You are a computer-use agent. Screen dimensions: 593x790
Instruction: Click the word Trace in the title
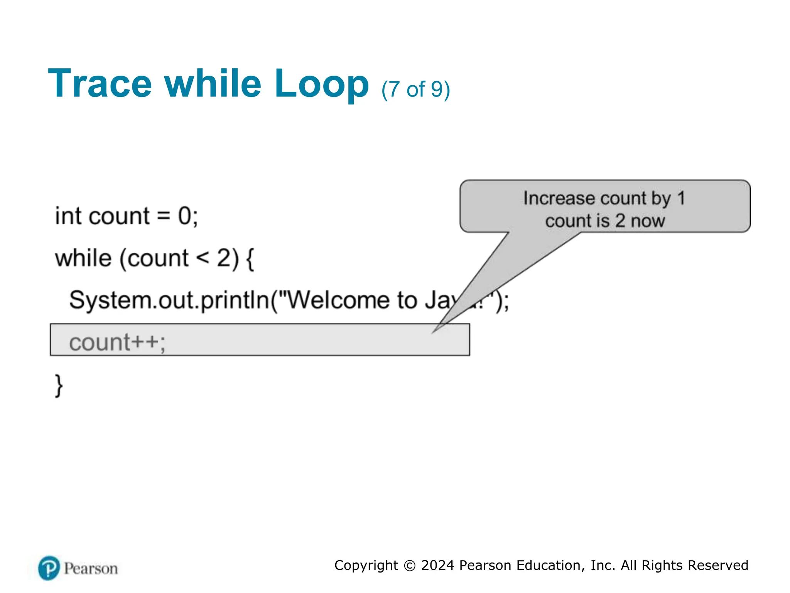point(100,84)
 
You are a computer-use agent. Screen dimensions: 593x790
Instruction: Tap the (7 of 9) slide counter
point(415,90)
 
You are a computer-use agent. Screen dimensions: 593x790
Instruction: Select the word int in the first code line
point(68,216)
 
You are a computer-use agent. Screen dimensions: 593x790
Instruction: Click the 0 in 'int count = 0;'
point(184,216)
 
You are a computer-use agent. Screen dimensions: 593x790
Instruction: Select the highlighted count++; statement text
point(117,342)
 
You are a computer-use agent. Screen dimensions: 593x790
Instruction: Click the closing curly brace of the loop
point(59,385)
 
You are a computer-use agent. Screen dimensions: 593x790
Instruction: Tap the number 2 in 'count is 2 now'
point(620,221)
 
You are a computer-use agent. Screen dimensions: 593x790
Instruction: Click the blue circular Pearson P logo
point(49,568)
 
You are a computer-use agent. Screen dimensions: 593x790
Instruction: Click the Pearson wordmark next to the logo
point(91,569)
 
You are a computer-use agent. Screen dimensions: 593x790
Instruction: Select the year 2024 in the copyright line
point(437,565)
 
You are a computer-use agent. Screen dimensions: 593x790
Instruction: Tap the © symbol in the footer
point(410,566)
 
